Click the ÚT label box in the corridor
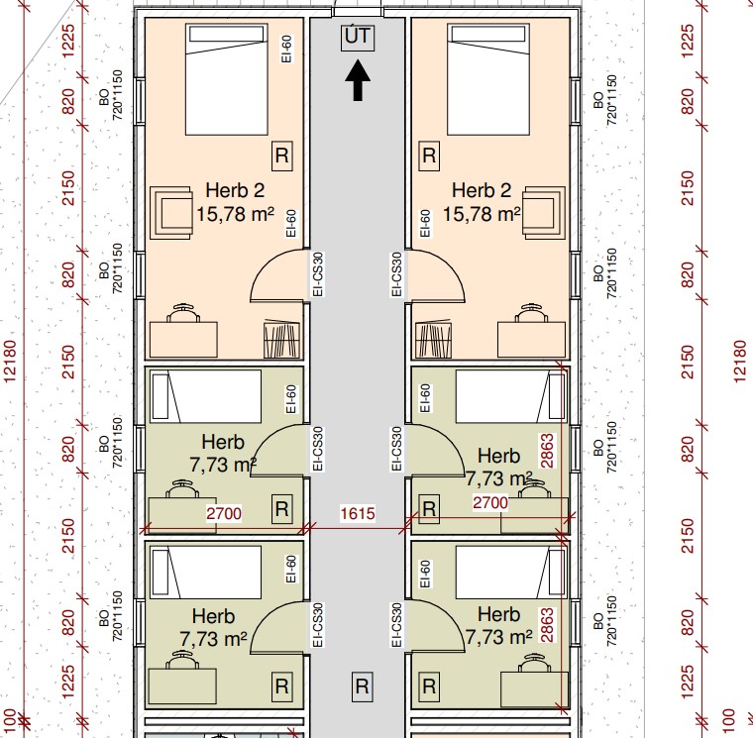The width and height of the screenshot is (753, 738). (x=358, y=38)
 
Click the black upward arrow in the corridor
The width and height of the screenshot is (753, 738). (x=358, y=80)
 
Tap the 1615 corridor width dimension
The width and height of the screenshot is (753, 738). (x=358, y=514)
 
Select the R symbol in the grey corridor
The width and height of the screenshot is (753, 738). (x=362, y=686)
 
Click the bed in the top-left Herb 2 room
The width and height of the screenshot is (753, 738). (x=227, y=79)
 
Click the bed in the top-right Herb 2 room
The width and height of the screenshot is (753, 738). (x=488, y=79)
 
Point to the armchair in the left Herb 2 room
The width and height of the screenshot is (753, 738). (x=171, y=213)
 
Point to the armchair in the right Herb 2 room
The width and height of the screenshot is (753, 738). (x=544, y=213)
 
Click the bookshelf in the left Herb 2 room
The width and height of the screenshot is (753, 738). (x=282, y=340)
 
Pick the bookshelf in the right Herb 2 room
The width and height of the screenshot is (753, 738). (x=433, y=341)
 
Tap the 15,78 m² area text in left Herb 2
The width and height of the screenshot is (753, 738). (x=236, y=213)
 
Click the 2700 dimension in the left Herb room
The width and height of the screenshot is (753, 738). (x=224, y=514)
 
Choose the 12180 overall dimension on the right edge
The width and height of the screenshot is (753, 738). (x=740, y=362)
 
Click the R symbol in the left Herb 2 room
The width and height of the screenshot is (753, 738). (x=282, y=156)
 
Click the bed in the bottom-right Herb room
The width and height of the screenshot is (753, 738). (x=511, y=573)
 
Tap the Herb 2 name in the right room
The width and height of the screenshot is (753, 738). (x=482, y=190)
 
